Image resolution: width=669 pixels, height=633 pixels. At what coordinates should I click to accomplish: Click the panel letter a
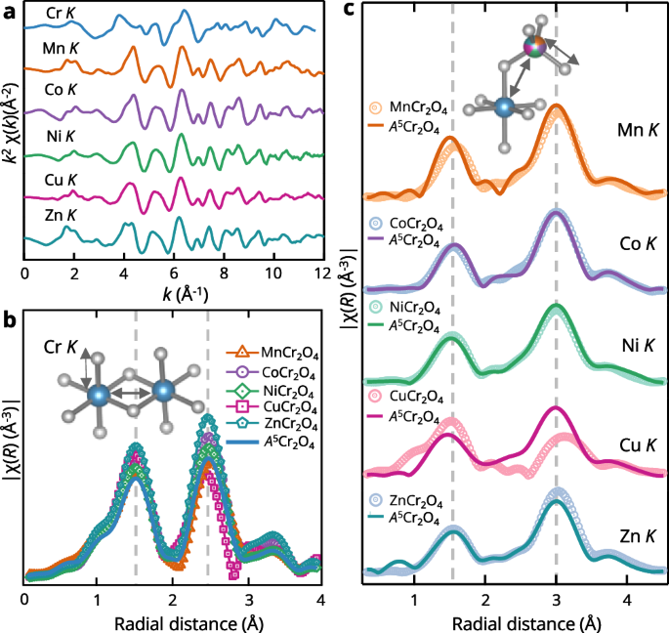pyautogui.click(x=9, y=11)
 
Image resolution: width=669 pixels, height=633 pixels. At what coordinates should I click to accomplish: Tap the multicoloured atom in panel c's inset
pyautogui.click(x=532, y=46)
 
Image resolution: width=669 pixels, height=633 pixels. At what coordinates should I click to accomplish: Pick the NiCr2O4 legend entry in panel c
pyautogui.click(x=416, y=306)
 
